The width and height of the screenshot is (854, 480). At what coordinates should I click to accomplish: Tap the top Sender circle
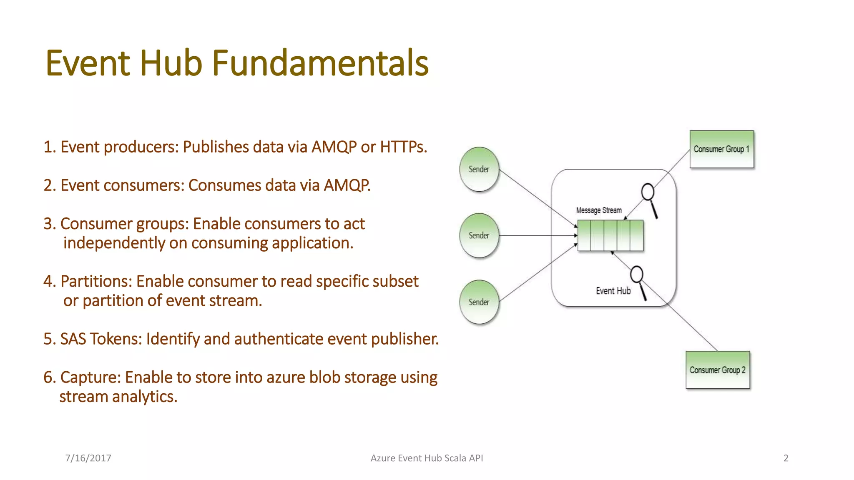(x=479, y=169)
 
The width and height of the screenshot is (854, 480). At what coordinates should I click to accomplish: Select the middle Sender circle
(x=479, y=235)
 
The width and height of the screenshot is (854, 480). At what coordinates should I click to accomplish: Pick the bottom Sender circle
(x=479, y=302)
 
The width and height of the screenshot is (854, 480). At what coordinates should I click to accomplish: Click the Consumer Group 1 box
(x=721, y=149)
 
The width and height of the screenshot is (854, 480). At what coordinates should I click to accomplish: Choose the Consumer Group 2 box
(x=718, y=370)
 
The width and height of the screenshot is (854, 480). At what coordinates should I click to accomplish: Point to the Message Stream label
(x=599, y=210)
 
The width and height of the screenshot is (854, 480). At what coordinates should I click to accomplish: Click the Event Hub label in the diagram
(x=613, y=291)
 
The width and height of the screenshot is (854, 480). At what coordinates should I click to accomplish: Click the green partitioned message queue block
(x=610, y=236)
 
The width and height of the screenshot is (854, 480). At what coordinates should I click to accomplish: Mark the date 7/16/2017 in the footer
(x=88, y=458)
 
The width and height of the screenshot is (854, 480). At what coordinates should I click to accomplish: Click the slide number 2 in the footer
(x=786, y=458)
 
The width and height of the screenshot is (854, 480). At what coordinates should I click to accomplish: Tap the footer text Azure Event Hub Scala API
(x=427, y=458)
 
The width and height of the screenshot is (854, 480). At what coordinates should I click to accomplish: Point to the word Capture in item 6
(x=90, y=377)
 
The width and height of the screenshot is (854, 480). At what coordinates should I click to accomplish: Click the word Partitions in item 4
(x=96, y=281)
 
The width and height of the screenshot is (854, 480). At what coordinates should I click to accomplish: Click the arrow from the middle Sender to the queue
(x=538, y=235)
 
